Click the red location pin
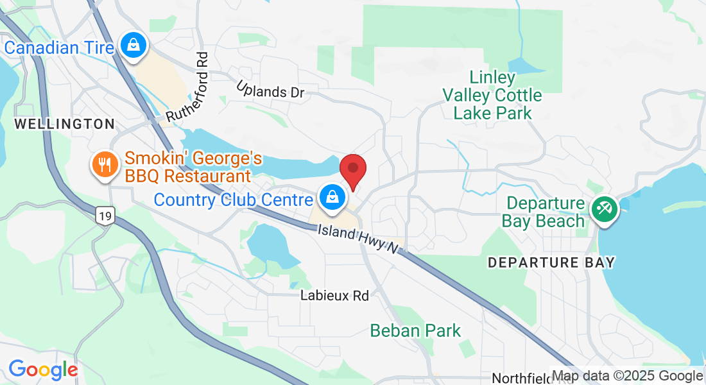[x=352, y=169]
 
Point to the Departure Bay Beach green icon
[x=604, y=208]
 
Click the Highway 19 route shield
[x=105, y=216]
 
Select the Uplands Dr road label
[x=270, y=90]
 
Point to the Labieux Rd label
[x=335, y=296]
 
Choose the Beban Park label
[x=415, y=331]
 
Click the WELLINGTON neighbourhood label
[x=64, y=124]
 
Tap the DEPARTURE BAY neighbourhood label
[x=551, y=262]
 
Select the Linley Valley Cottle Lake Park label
[x=492, y=96]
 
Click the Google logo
[x=42, y=370]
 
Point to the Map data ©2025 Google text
[x=627, y=376]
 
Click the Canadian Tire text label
[x=59, y=47]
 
